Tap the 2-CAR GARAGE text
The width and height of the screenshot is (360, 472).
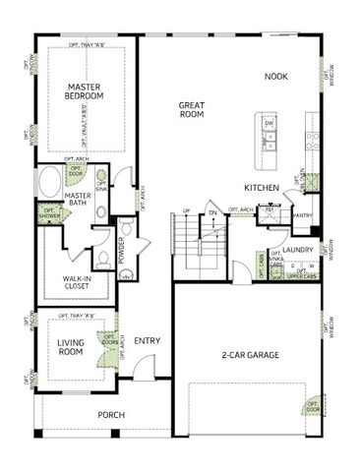tap(250, 354)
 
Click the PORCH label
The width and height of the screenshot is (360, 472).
tap(110, 414)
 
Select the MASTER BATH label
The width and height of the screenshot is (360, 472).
tap(78, 200)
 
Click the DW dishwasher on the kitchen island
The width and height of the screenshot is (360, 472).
tap(270, 125)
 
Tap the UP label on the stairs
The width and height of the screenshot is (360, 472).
tap(187, 210)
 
